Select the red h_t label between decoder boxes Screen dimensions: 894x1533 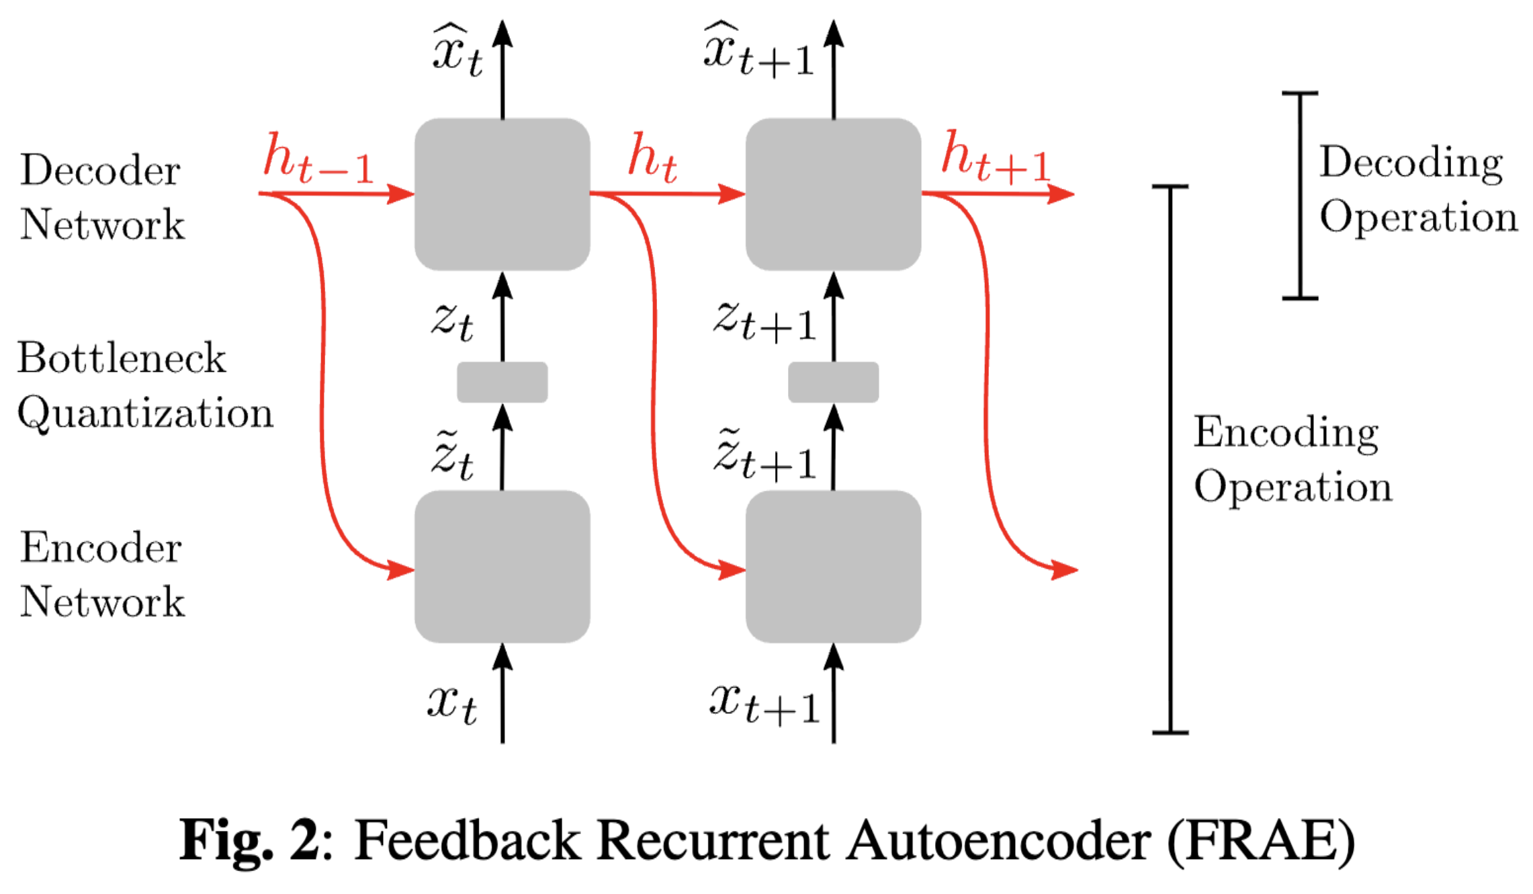[652, 159]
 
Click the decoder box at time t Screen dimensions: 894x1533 [502, 194]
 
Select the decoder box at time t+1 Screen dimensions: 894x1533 [833, 194]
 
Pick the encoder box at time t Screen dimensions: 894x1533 [502, 567]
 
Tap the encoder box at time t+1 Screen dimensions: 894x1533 [833, 567]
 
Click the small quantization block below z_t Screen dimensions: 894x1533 [502, 382]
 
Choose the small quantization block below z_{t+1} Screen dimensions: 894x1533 [833, 382]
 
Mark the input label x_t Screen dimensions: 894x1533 [452, 704]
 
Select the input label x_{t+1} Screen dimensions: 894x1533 [764, 704]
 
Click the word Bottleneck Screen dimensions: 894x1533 [122, 358]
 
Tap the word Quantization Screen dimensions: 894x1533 [145, 413]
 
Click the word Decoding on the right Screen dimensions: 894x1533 [1411, 163]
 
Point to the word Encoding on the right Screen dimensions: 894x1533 [1286, 432]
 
